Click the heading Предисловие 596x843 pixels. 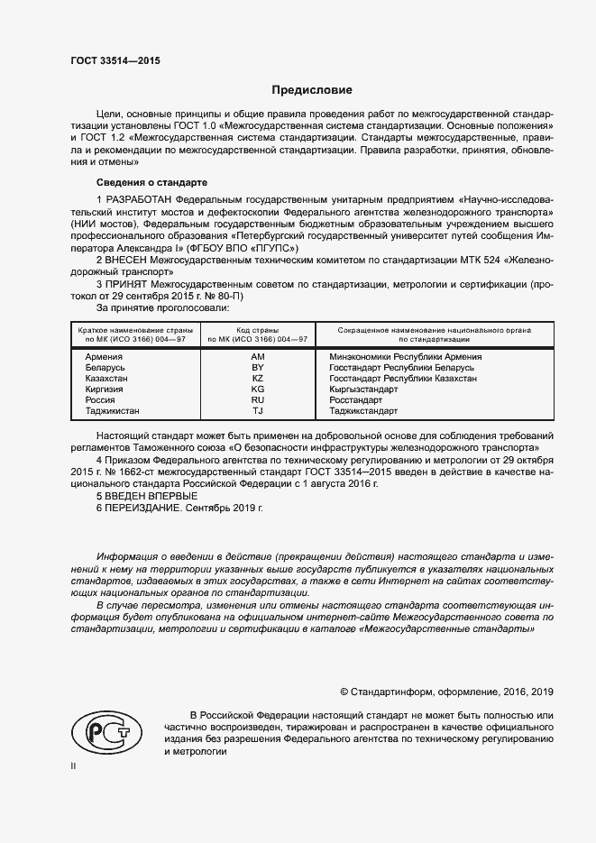(x=313, y=90)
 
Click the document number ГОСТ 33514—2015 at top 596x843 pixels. (x=109, y=61)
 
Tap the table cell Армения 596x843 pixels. (x=103, y=357)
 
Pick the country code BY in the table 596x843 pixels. (x=257, y=368)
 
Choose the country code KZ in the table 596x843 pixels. (x=257, y=379)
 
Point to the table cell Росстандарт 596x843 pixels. (x=357, y=400)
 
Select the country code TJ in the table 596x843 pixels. (x=257, y=411)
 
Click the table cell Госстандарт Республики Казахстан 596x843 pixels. (x=403, y=379)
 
